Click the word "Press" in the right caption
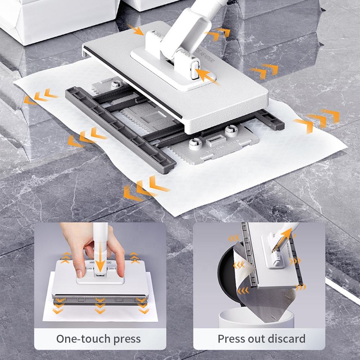[231, 339]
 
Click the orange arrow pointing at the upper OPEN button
[136, 29]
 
